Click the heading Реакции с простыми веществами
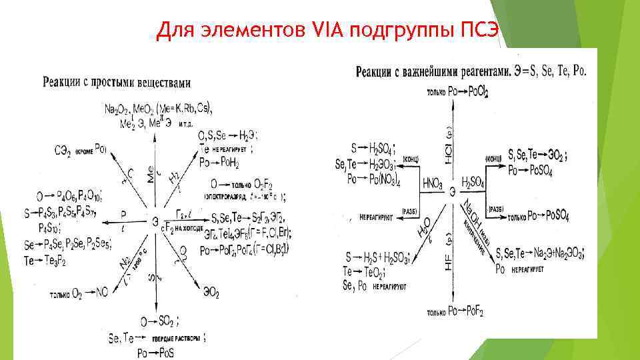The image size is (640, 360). pyautogui.click(x=117, y=83)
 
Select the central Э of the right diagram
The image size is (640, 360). pyautogui.click(x=453, y=192)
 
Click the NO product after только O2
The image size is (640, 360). pyautogui.click(x=101, y=292)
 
